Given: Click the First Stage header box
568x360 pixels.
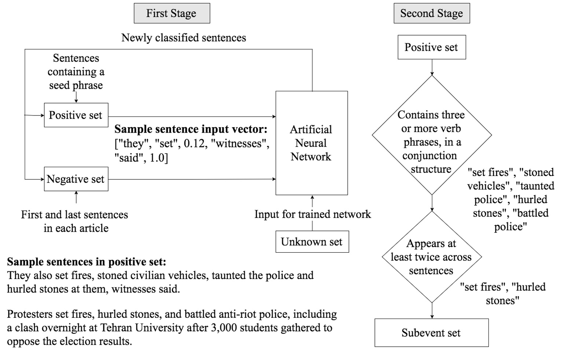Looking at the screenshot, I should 171,14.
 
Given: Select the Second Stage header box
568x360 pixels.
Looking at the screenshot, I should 431,14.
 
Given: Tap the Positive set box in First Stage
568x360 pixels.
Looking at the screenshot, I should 76,115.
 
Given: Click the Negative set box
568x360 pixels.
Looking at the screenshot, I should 76,179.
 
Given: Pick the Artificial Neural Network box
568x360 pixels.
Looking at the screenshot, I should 311,143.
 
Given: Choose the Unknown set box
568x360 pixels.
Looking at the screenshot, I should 312,242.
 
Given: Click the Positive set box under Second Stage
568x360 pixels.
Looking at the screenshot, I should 431,47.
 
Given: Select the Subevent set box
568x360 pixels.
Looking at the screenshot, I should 431,333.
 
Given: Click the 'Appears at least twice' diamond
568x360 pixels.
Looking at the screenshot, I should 431,257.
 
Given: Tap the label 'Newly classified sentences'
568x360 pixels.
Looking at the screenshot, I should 184,38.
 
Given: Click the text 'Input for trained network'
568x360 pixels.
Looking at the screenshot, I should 313,214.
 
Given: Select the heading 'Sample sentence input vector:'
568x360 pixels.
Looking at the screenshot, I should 191,129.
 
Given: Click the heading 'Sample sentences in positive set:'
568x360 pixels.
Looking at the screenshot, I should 86,262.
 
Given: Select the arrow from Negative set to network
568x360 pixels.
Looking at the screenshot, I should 192,179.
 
